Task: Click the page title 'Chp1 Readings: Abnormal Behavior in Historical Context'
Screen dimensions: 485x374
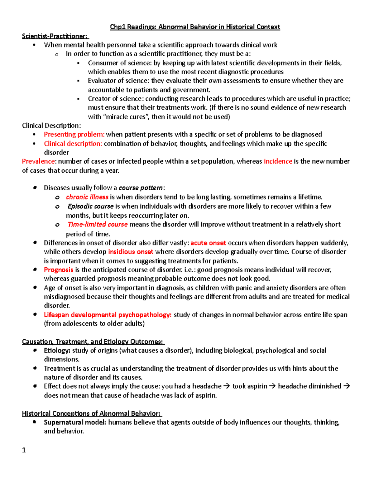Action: [195, 27]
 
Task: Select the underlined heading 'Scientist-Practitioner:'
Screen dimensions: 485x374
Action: [55, 36]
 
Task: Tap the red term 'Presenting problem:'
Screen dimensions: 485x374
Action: [74, 134]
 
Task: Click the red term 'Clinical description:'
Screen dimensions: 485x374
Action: [73, 144]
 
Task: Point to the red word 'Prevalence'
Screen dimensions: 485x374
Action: [38, 161]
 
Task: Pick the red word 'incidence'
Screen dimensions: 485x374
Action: [278, 161]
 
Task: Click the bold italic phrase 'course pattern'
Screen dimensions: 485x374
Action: [141, 188]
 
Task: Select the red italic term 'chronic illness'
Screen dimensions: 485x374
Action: [87, 197]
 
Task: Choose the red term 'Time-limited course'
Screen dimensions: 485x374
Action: [97, 225]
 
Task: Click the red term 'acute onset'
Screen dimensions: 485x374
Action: [208, 243]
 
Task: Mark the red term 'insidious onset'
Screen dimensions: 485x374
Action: [130, 252]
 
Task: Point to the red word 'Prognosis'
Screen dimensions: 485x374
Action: [58, 270]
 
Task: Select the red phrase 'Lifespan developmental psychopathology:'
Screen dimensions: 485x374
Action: [108, 315]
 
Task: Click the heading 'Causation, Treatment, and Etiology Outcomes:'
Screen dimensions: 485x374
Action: [93, 342]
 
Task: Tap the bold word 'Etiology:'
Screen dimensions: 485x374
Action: [57, 350]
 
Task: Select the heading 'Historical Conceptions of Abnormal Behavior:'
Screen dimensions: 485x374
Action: [91, 413]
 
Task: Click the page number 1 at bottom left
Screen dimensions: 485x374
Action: [24, 450]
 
